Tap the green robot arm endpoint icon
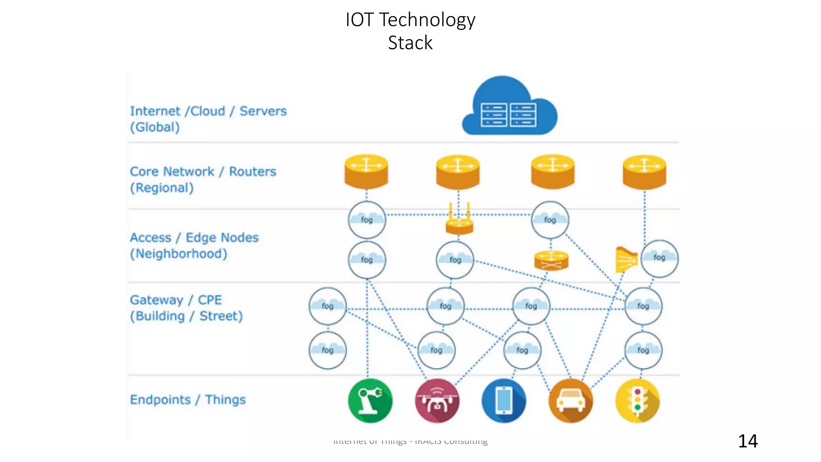tap(370, 401)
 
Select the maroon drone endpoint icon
tap(437, 401)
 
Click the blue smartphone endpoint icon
tap(504, 401)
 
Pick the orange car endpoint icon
tap(570, 401)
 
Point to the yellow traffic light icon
tap(637, 401)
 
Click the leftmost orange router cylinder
tap(366, 172)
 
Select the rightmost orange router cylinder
tap(644, 172)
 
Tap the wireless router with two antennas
tap(459, 221)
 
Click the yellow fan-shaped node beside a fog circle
tap(626, 259)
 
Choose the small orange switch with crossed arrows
tap(551, 261)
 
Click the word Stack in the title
tap(410, 43)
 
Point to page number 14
tap(748, 441)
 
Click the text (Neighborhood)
tap(178, 254)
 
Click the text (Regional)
tap(162, 188)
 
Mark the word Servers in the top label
tap(263, 111)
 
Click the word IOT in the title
tap(359, 20)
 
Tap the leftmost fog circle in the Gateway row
tap(328, 306)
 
